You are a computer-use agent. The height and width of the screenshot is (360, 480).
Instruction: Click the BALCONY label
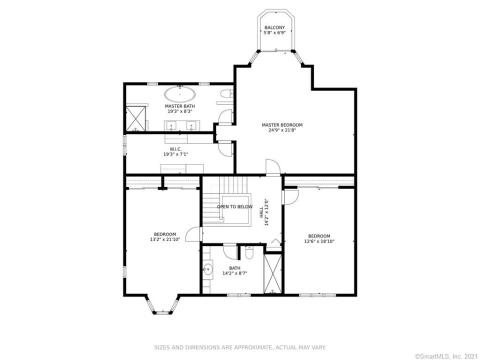pos(273,27)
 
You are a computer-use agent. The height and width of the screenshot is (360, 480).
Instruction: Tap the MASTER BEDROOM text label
pos(282,124)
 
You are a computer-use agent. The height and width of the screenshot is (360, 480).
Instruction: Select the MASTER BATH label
pos(180,105)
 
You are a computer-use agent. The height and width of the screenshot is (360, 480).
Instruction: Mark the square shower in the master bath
pos(134,121)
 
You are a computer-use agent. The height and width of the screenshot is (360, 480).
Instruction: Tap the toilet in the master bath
pos(228,95)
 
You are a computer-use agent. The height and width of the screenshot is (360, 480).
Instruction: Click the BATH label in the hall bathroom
pos(235,266)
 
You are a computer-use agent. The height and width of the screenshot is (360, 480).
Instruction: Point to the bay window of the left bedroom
pos(160,304)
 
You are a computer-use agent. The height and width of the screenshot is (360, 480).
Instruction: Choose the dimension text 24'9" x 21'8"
pos(282,130)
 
